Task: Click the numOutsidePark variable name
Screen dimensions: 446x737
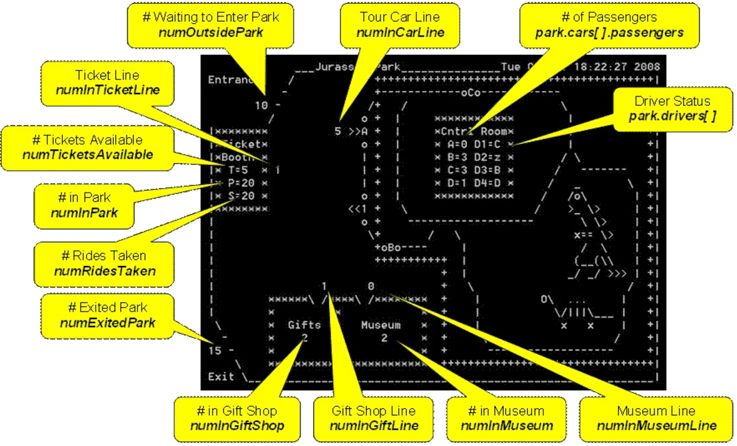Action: [211, 32]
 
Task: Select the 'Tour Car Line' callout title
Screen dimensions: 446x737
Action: [399, 17]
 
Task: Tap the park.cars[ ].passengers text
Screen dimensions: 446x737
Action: [609, 32]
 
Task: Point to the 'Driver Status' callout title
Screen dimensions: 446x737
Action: [672, 101]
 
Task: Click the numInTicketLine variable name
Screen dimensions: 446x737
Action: [108, 90]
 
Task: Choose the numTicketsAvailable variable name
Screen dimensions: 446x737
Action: [87, 155]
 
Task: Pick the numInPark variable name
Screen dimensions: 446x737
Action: [84, 213]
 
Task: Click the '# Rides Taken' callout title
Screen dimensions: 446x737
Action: [104, 256]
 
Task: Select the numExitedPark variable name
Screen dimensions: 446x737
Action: [107, 323]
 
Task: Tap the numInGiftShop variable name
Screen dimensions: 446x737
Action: [237, 426]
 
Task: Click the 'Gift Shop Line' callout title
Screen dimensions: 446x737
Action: [373, 411]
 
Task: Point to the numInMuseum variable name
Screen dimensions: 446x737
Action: [507, 426]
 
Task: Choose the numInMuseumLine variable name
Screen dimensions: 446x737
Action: [657, 426]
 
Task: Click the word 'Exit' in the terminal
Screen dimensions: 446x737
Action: [221, 377]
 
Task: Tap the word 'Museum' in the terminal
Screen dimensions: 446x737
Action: [381, 325]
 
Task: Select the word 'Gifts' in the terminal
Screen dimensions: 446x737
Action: [304, 325]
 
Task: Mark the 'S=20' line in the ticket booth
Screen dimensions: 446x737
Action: [241, 196]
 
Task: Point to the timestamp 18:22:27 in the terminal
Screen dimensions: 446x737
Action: [600, 67]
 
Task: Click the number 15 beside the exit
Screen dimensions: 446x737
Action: [215, 351]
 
